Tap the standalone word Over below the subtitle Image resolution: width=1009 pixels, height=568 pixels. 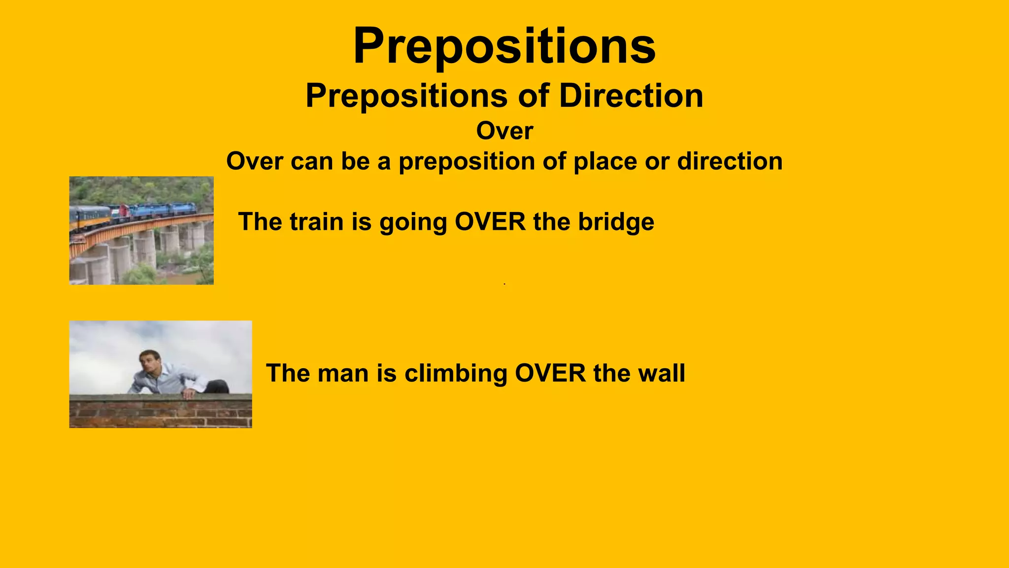(x=504, y=131)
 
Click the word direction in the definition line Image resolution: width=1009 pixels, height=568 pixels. (x=730, y=162)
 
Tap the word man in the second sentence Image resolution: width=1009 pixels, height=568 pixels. (x=343, y=373)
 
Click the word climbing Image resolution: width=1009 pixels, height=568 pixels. (x=456, y=373)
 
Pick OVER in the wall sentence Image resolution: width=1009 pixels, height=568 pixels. (x=550, y=373)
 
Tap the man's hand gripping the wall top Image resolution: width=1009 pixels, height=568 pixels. (x=188, y=393)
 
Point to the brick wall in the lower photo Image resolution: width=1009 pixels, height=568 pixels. (x=160, y=412)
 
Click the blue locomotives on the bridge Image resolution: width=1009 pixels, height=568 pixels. (x=158, y=211)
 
